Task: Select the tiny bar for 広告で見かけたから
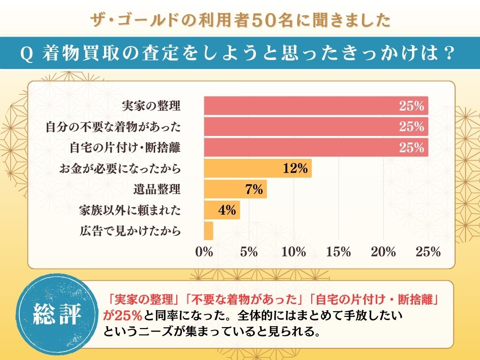pyautogui.click(x=209, y=231)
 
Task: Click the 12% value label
pyautogui.click(x=295, y=168)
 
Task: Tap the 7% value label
pyautogui.click(x=253, y=189)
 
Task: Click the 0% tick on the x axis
pyautogui.click(x=204, y=252)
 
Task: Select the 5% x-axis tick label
pyautogui.click(x=248, y=252)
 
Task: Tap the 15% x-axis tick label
pyautogui.click(x=338, y=252)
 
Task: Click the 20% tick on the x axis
pyautogui.click(x=383, y=252)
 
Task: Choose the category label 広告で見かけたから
pyautogui.click(x=130, y=231)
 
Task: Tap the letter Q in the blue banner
pyautogui.click(x=27, y=54)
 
